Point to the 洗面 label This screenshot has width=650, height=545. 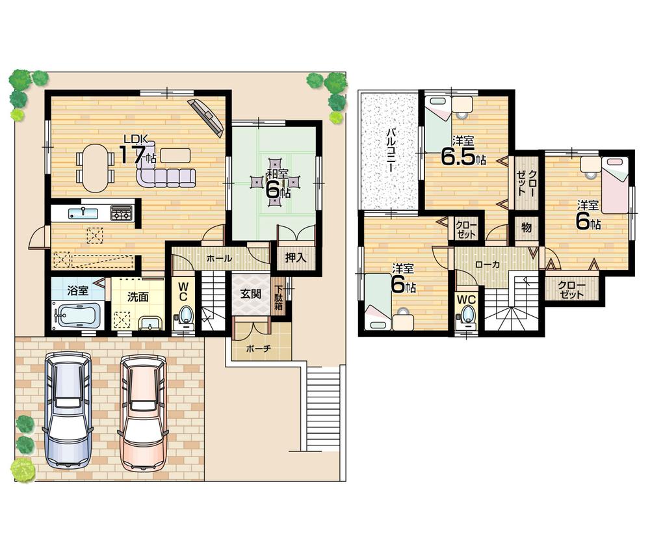point(137,297)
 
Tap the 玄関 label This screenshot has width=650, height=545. point(251,293)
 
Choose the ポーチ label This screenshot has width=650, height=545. point(259,348)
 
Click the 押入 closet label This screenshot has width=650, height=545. point(296,258)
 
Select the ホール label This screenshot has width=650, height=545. point(219,258)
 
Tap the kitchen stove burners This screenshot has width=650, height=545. point(122,213)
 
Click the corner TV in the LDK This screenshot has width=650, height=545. point(207,118)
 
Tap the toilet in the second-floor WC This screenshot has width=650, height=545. point(467,316)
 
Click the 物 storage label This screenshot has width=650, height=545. point(526,229)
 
